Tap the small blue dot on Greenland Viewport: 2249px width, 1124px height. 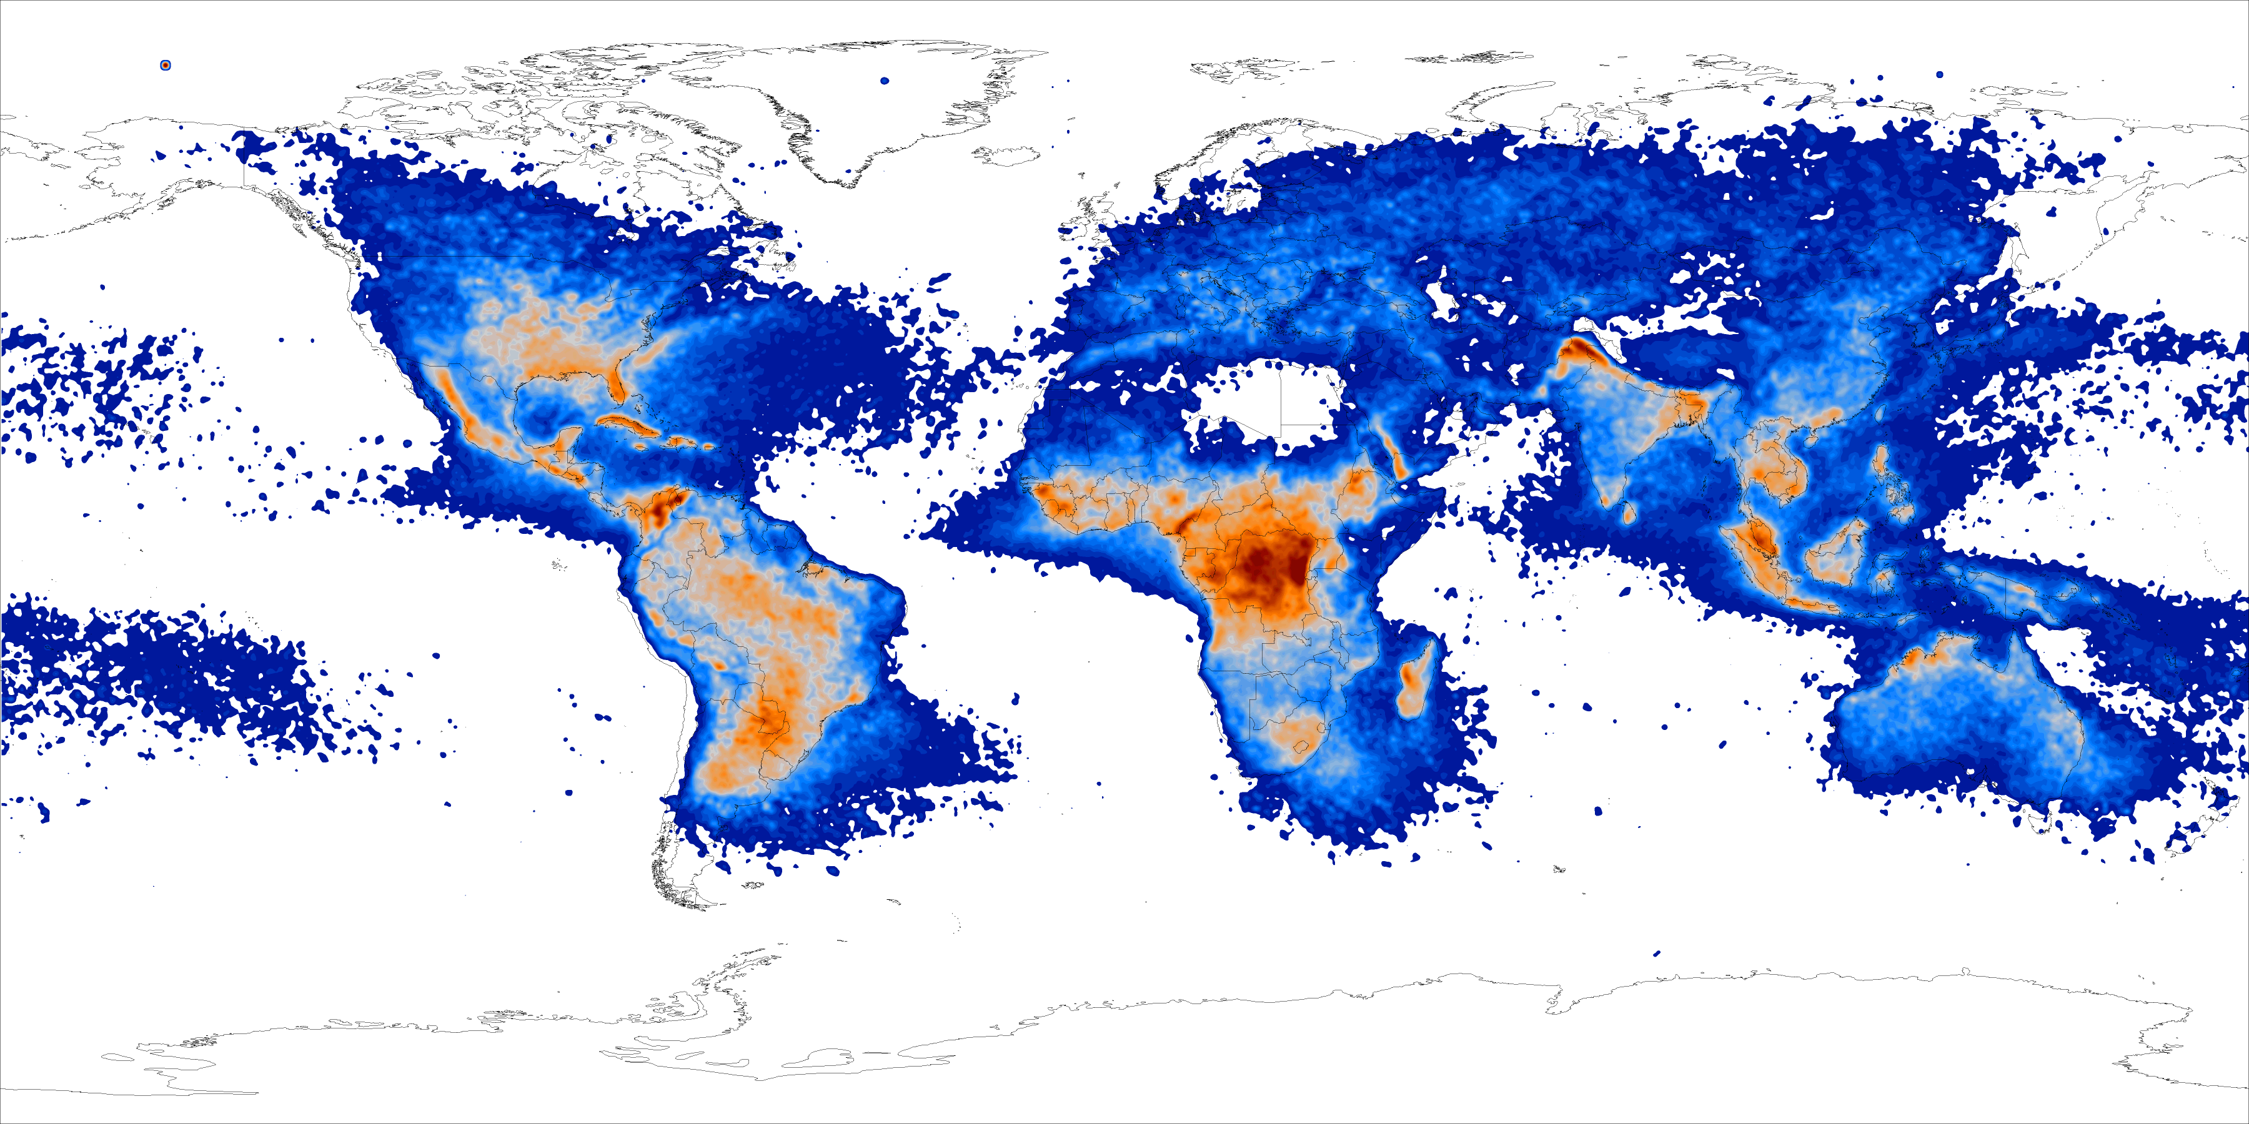tap(885, 81)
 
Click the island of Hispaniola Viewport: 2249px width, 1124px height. tap(676, 441)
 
